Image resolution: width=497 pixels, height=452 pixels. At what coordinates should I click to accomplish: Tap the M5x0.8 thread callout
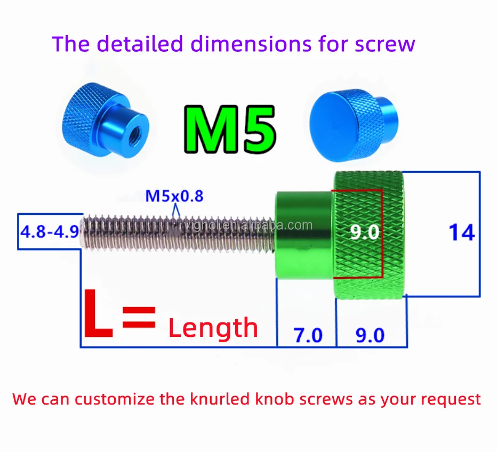[x=174, y=196]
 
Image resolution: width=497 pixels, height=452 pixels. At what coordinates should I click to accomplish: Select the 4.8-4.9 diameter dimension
[x=49, y=232]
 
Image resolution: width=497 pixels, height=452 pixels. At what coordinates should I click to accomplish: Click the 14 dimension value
[x=461, y=233]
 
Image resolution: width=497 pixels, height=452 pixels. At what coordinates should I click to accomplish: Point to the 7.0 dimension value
[x=308, y=335]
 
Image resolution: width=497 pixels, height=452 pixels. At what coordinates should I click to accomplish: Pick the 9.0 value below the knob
[x=370, y=335]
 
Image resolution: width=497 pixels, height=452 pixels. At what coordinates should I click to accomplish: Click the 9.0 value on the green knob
[x=364, y=232]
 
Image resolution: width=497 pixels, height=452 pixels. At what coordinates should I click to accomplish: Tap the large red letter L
[x=98, y=315]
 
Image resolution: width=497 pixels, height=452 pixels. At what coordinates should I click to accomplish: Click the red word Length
[x=213, y=328]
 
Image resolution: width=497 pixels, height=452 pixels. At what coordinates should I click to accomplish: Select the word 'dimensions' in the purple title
[x=251, y=44]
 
